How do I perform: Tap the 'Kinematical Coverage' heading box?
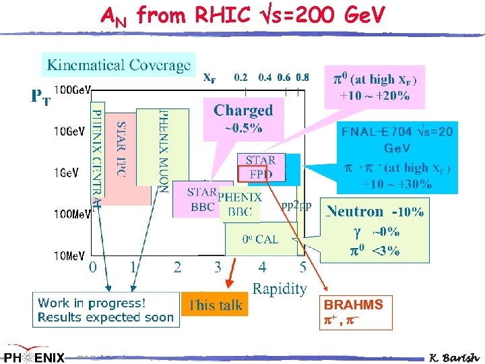point(119,65)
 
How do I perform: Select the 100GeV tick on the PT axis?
point(73,89)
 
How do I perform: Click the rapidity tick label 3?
point(218,268)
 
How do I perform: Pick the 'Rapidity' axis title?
point(280,289)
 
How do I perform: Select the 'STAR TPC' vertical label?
point(121,148)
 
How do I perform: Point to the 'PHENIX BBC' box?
point(239,205)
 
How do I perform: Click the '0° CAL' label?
point(260,239)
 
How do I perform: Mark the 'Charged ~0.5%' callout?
point(243,117)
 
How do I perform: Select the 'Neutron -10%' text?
point(375,212)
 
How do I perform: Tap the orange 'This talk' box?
point(216,305)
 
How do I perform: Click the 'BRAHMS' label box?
point(355,311)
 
